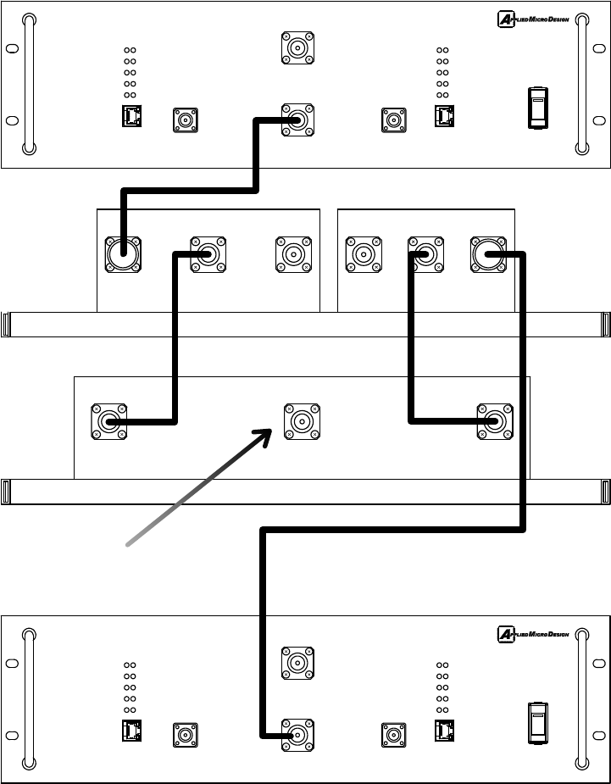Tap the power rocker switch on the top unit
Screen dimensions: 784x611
(x=537, y=108)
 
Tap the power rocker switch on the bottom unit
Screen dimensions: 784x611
(x=537, y=724)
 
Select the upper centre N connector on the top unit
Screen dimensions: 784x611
(x=297, y=48)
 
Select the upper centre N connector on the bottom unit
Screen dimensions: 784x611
(x=297, y=663)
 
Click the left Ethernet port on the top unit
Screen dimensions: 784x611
(x=132, y=116)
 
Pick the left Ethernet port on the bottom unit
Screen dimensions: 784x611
(x=132, y=731)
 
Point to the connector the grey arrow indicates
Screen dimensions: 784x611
(x=301, y=421)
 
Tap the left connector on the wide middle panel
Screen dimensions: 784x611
(x=109, y=421)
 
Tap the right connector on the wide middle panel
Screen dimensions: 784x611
(x=495, y=421)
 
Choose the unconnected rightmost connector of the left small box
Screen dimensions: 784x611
(x=292, y=254)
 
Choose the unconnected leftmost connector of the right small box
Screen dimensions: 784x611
(x=363, y=254)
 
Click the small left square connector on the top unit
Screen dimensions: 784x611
(x=186, y=120)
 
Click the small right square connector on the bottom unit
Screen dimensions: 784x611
(x=394, y=735)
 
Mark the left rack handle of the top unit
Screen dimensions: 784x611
(x=30, y=84)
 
